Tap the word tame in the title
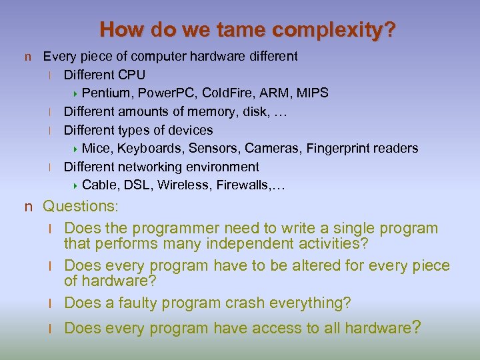(220, 29)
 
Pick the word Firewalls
(245, 185)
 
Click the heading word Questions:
(80, 207)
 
